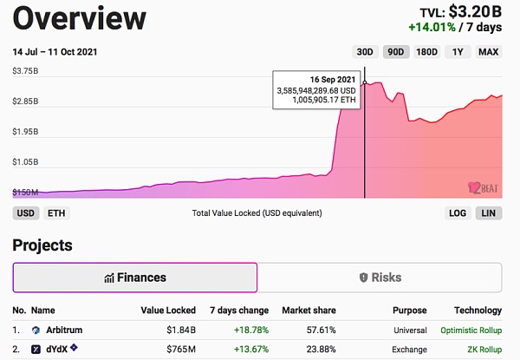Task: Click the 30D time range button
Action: pyautogui.click(x=366, y=52)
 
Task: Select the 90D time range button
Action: pyautogui.click(x=396, y=52)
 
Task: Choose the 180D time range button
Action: pyautogui.click(x=426, y=52)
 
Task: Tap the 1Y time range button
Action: pyautogui.click(x=458, y=52)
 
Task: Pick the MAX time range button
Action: pyautogui.click(x=489, y=52)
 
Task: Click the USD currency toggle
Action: pyautogui.click(x=26, y=213)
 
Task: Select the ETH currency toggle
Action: pyautogui.click(x=55, y=213)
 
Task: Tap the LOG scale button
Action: pyautogui.click(x=457, y=213)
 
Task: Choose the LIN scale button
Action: pyautogui.click(x=488, y=213)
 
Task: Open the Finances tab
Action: pyautogui.click(x=134, y=278)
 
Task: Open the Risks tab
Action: pyautogui.click(x=380, y=278)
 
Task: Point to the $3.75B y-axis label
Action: pyautogui.click(x=27, y=71)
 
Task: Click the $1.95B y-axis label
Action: pyautogui.click(x=27, y=132)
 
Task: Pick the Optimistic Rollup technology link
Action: pyautogui.click(x=471, y=331)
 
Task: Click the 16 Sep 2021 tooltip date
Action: pyautogui.click(x=332, y=78)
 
